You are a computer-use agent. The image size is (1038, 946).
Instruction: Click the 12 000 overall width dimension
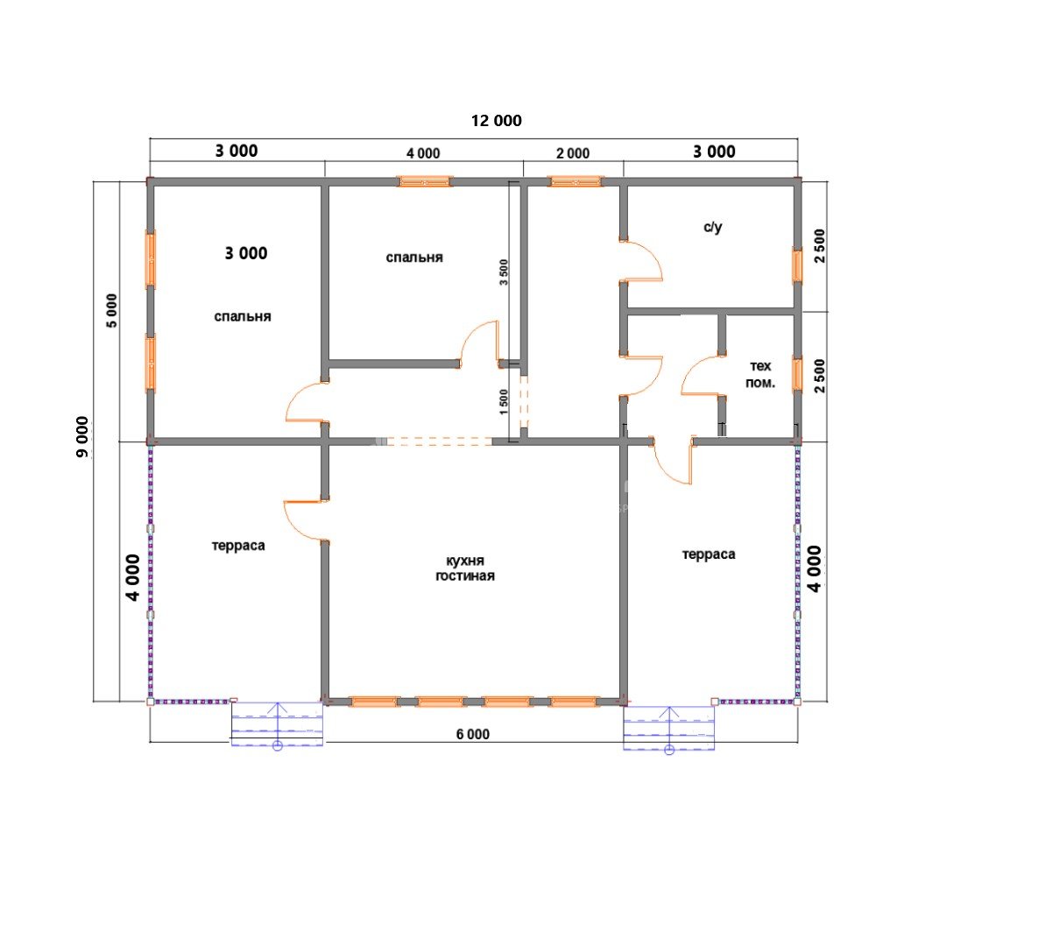(x=496, y=121)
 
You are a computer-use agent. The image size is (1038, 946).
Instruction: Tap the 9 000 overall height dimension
(x=82, y=438)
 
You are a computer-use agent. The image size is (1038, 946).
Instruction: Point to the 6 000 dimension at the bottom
(x=473, y=734)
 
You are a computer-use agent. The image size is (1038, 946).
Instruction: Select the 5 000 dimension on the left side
(x=112, y=310)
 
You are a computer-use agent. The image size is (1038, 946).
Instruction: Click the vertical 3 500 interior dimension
(x=504, y=272)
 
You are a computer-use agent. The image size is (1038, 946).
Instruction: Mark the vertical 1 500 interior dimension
(x=504, y=403)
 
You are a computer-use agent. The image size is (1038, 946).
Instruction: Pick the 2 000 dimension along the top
(x=573, y=153)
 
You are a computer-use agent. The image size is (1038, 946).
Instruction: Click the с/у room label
(x=713, y=227)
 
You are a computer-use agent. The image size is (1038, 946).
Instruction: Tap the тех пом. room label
(x=760, y=375)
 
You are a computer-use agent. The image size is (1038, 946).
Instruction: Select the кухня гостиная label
(x=465, y=568)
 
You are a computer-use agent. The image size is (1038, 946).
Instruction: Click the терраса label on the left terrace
(x=238, y=547)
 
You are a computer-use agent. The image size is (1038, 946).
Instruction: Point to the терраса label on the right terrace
(x=709, y=554)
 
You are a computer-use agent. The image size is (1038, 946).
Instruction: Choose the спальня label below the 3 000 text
(x=243, y=316)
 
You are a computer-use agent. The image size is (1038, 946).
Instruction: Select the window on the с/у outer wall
(x=798, y=265)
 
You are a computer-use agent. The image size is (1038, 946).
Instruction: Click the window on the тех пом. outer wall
(x=798, y=375)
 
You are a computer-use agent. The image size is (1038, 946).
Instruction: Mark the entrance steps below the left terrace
(x=277, y=724)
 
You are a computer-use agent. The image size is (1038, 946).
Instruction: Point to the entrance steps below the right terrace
(x=668, y=728)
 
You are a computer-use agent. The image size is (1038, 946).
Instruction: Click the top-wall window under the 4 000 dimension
(x=424, y=181)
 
